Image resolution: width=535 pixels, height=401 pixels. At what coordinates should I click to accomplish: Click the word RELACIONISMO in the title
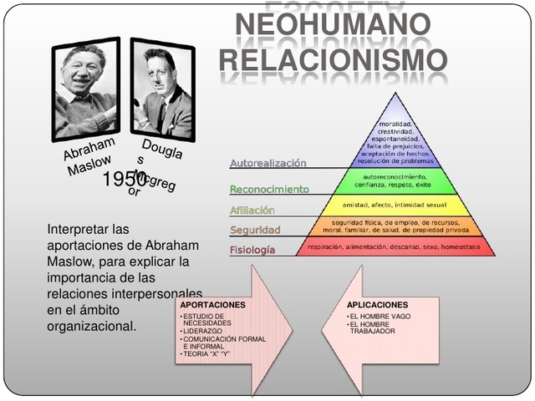click(x=334, y=60)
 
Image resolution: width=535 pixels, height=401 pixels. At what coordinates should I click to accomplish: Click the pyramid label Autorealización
click(x=268, y=164)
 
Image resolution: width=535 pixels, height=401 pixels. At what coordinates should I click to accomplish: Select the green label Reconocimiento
click(x=269, y=190)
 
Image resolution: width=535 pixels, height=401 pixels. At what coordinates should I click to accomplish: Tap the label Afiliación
click(x=252, y=211)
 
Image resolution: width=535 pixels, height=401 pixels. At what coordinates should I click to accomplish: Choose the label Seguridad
click(x=256, y=230)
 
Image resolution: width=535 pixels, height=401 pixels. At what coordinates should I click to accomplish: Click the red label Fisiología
click(x=252, y=250)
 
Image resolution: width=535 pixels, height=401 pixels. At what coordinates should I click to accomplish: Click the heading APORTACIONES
click(x=213, y=305)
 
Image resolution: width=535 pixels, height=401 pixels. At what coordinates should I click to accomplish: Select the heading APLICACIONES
click(x=378, y=305)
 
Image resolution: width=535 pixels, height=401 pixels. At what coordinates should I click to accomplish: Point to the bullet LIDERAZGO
click(x=203, y=332)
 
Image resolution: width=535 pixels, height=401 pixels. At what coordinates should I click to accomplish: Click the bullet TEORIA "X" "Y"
click(x=206, y=355)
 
